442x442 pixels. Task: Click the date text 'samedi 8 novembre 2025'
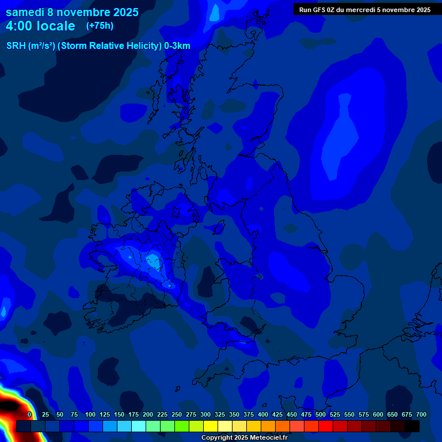(72, 12)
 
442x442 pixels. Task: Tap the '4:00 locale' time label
(40, 26)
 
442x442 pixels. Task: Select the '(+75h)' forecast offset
(100, 25)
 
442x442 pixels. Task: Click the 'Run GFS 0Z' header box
(364, 9)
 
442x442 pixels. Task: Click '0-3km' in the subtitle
(177, 46)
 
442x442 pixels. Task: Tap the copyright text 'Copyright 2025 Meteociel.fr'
(244, 437)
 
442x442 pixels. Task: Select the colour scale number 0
(29, 414)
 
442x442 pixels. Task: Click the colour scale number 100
(90, 414)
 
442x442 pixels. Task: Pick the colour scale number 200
(147, 414)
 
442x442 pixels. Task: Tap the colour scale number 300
(205, 414)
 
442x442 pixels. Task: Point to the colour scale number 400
(262, 414)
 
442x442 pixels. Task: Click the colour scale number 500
(320, 414)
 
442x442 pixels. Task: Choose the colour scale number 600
(378, 414)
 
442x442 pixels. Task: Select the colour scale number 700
(421, 414)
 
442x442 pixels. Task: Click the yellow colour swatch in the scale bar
(211, 426)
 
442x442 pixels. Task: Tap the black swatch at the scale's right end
(412, 426)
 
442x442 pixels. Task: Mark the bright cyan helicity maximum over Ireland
(153, 261)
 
